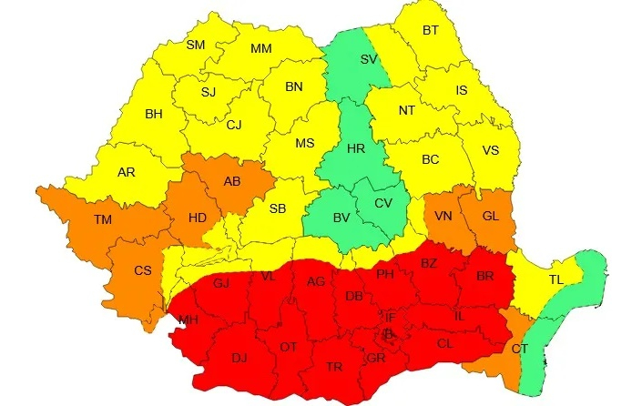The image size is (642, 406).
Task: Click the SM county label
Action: [x=196, y=45]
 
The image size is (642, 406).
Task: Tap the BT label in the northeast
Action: [x=431, y=30]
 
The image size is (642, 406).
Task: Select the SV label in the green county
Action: [x=369, y=59]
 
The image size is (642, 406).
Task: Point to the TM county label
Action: [x=103, y=218]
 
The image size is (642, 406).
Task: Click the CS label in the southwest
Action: [x=143, y=270]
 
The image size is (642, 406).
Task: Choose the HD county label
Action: [x=197, y=218]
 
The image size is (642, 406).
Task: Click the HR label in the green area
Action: [x=356, y=149]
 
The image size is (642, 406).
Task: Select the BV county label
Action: [x=341, y=218]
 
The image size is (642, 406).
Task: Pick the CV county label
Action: [x=384, y=202]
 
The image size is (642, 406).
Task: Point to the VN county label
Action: [x=443, y=216]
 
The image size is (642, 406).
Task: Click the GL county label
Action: [x=490, y=216]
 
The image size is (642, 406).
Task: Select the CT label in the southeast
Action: [x=519, y=349]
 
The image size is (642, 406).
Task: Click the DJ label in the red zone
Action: [x=239, y=358]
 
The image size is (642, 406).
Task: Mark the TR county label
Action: [x=334, y=366]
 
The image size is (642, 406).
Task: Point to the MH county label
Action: [x=188, y=320]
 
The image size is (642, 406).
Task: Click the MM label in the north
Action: [x=261, y=48]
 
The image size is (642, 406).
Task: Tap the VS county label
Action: [x=490, y=150]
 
